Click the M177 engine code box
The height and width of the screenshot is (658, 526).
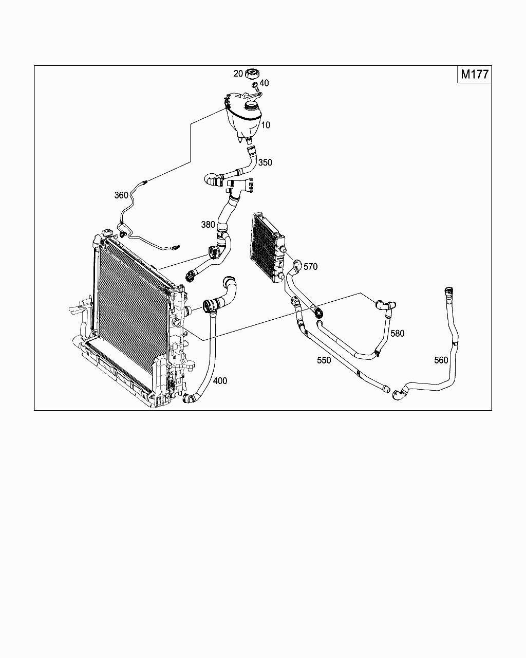(474, 74)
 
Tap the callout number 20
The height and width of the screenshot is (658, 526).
(238, 74)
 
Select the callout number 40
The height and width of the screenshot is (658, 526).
(264, 83)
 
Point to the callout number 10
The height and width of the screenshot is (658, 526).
(265, 125)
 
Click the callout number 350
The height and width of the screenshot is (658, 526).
(265, 162)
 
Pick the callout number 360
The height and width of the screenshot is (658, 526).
(121, 195)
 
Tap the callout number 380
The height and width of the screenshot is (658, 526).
(208, 225)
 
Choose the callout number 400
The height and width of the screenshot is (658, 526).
(220, 381)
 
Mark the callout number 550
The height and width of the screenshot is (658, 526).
(324, 360)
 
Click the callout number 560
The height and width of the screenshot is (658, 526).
(441, 360)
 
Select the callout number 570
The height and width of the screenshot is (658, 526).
(311, 267)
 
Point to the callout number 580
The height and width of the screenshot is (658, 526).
(398, 334)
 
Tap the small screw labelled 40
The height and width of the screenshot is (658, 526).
(254, 85)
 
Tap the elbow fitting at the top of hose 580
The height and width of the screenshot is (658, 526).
(384, 305)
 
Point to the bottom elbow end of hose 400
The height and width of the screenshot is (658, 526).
(191, 398)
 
